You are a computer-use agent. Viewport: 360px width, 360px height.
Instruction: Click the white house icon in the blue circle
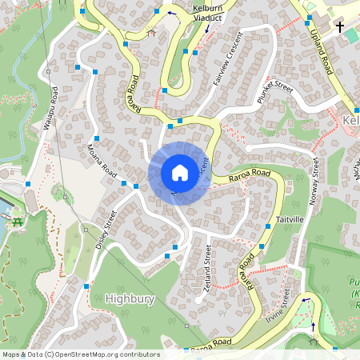(180, 173)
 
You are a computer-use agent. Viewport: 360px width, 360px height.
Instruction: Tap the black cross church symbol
(340, 27)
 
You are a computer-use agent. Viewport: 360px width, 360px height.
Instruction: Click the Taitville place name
(289, 218)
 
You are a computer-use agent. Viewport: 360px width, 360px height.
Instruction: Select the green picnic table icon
(17, 225)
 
